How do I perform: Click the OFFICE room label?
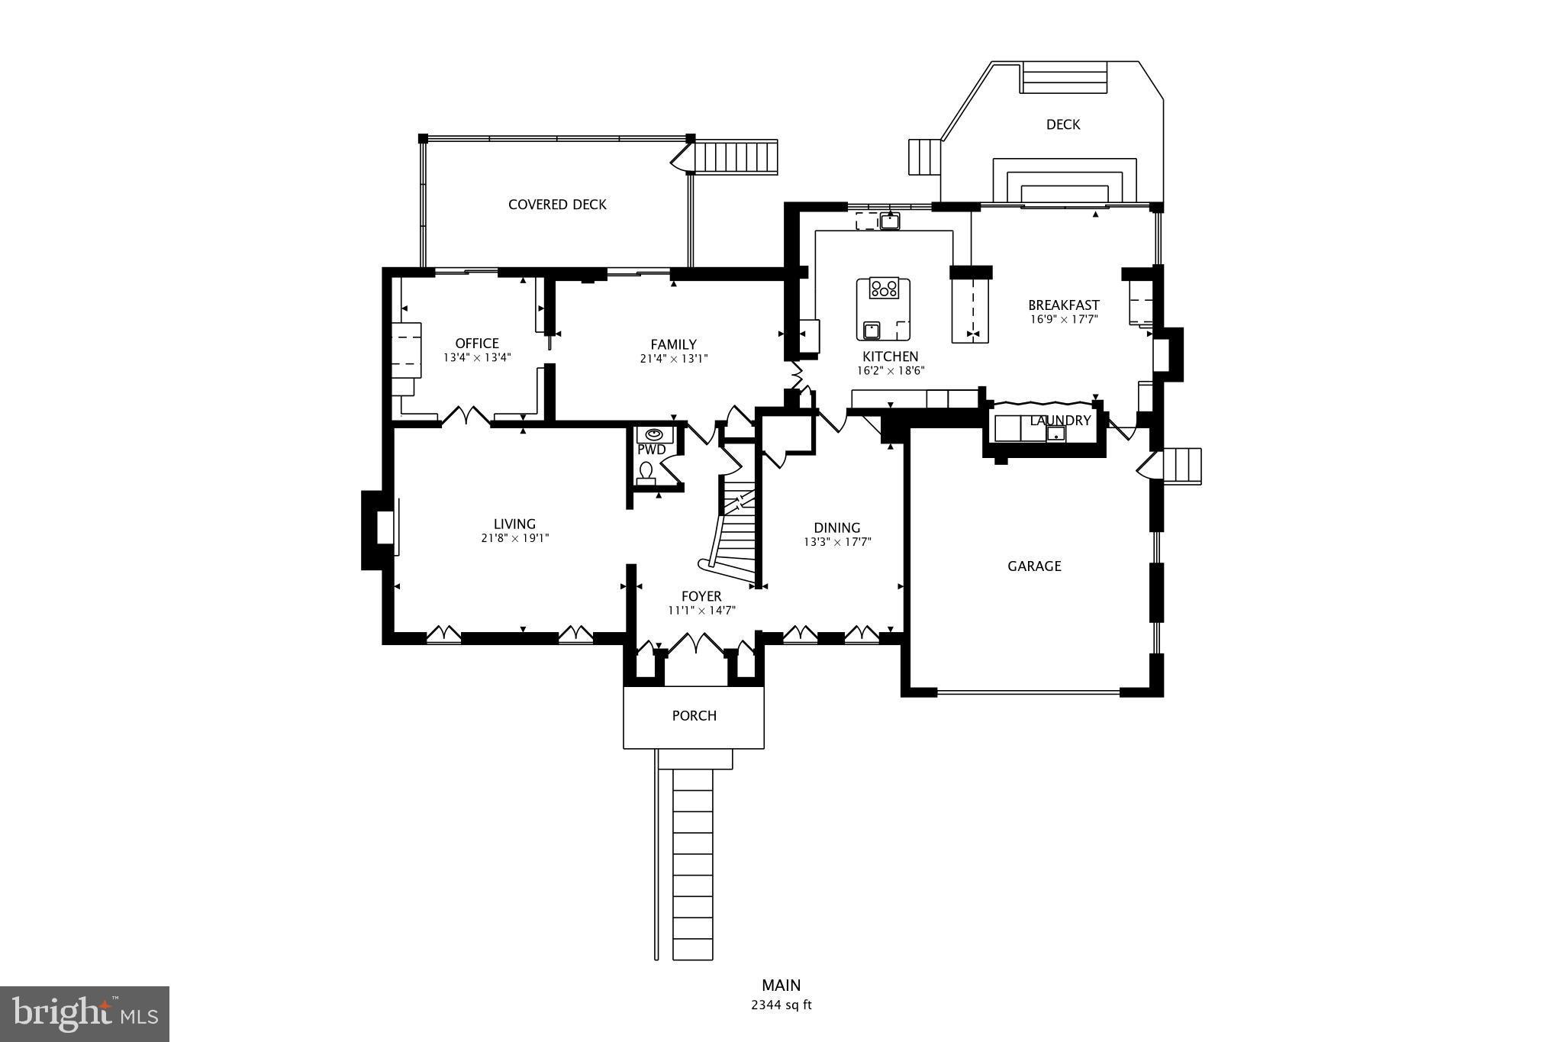(x=477, y=344)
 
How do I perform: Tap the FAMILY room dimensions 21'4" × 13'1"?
(x=674, y=358)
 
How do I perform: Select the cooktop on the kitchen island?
(x=884, y=289)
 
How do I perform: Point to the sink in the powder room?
(x=656, y=434)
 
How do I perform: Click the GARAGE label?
(x=1034, y=566)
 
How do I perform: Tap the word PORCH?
(x=694, y=715)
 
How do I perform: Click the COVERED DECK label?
(x=557, y=205)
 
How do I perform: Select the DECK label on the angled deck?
(x=1062, y=124)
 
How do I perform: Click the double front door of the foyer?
(x=695, y=645)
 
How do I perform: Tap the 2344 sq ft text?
(x=781, y=1005)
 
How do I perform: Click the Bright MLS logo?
(x=84, y=1014)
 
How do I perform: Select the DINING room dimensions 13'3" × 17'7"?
(x=837, y=542)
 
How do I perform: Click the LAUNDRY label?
(x=1060, y=421)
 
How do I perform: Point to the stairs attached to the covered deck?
(x=738, y=157)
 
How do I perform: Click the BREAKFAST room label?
(x=1063, y=305)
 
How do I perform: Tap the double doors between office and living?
(x=466, y=417)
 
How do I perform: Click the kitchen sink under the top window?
(x=889, y=221)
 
